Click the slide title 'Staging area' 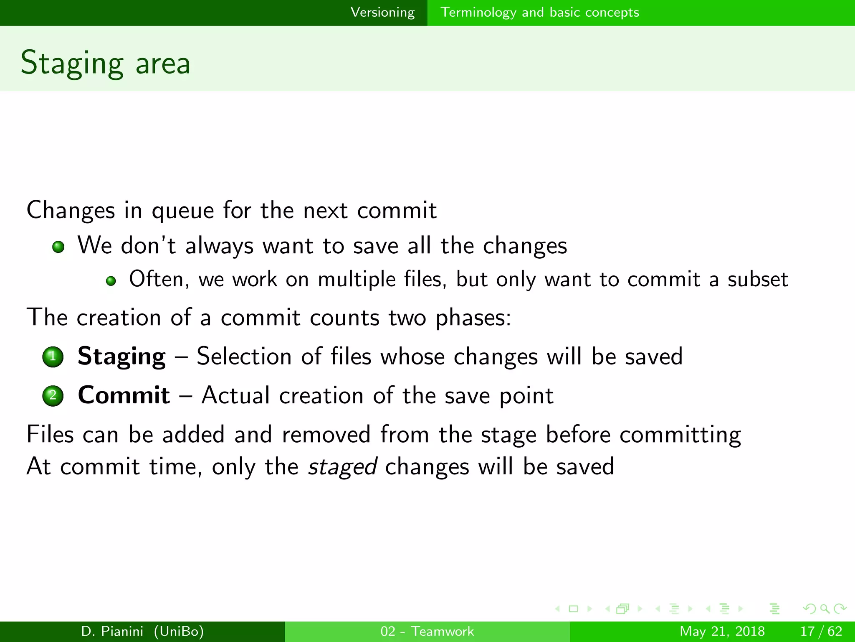coord(106,63)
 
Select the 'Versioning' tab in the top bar coord(382,13)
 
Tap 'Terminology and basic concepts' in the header coord(539,13)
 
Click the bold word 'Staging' coord(121,357)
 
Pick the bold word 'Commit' coord(124,395)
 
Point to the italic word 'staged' coord(342,467)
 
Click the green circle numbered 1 coord(53,357)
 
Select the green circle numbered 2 coord(53,395)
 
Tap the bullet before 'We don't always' coord(58,247)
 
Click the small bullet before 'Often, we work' coord(111,281)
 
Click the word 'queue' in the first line coord(182,211)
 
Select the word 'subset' coord(757,280)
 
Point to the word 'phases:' coord(473,318)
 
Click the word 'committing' coord(680,435)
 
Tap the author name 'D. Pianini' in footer coord(112,631)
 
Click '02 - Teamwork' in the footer coord(427,631)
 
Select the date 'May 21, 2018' coord(722,631)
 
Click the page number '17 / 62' coord(821,631)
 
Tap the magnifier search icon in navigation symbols coord(825,609)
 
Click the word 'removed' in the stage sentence coord(326,435)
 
